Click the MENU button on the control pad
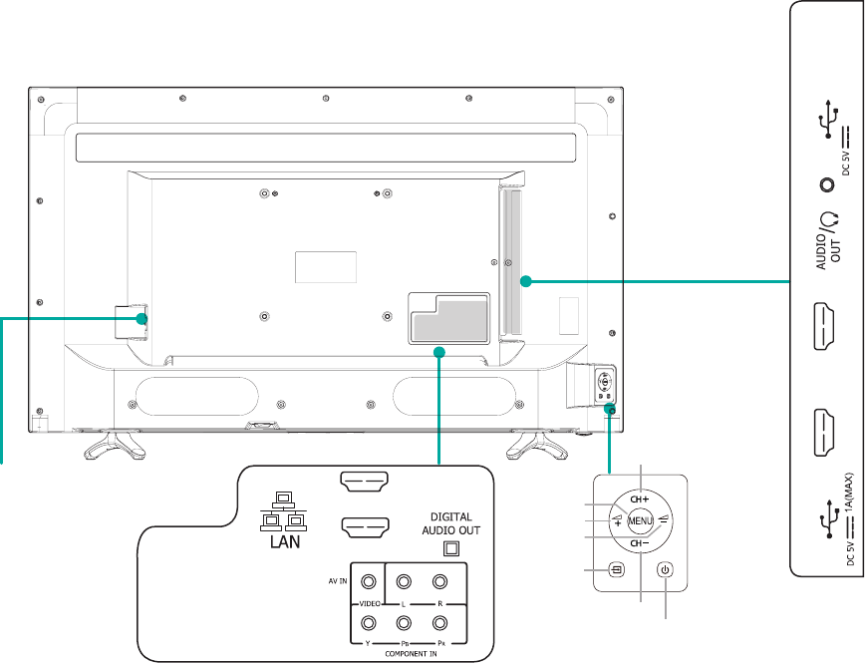tap(639, 519)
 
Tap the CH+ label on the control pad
tap(639, 497)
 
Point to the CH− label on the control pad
tap(639, 543)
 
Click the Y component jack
tap(370, 625)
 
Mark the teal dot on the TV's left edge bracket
tap(142, 319)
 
